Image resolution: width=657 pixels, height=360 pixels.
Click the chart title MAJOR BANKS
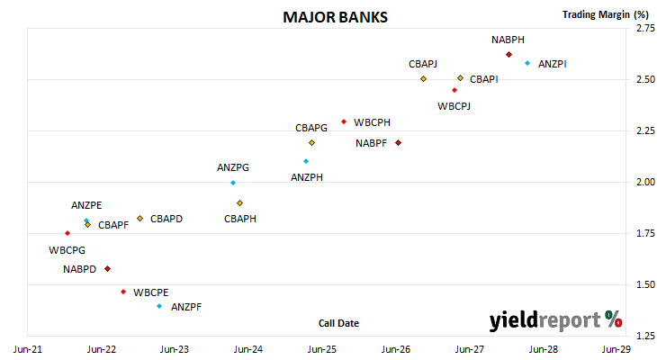[x=335, y=17]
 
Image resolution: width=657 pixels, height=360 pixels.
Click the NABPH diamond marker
[x=508, y=55]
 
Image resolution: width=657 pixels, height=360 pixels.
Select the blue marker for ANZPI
[x=527, y=63]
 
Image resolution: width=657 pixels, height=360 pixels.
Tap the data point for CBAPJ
[x=423, y=79]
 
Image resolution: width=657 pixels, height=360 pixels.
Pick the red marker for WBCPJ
[x=454, y=90]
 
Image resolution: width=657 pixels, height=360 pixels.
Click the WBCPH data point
[x=344, y=122]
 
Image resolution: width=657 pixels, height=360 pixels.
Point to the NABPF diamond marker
[x=398, y=143]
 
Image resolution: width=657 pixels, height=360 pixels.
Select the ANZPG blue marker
[x=233, y=183]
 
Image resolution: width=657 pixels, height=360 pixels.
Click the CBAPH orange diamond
[x=239, y=203]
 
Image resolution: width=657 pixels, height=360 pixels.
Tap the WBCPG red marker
[x=67, y=233]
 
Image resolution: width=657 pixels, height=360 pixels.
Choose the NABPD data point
[x=108, y=268]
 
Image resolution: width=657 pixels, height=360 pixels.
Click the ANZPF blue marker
[x=159, y=306]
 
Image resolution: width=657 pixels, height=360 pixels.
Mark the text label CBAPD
[x=166, y=219]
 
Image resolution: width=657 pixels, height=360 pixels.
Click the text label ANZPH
[x=307, y=177]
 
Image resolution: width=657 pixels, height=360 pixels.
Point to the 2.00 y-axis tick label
[x=645, y=182]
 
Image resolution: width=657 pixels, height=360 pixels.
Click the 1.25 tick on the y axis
[x=645, y=336]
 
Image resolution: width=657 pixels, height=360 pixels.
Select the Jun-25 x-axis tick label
[x=322, y=349]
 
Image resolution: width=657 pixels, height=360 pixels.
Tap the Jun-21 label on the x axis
[x=28, y=349]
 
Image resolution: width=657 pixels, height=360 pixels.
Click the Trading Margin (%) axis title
[x=606, y=14]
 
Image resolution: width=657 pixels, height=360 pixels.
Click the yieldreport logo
[x=555, y=320]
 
